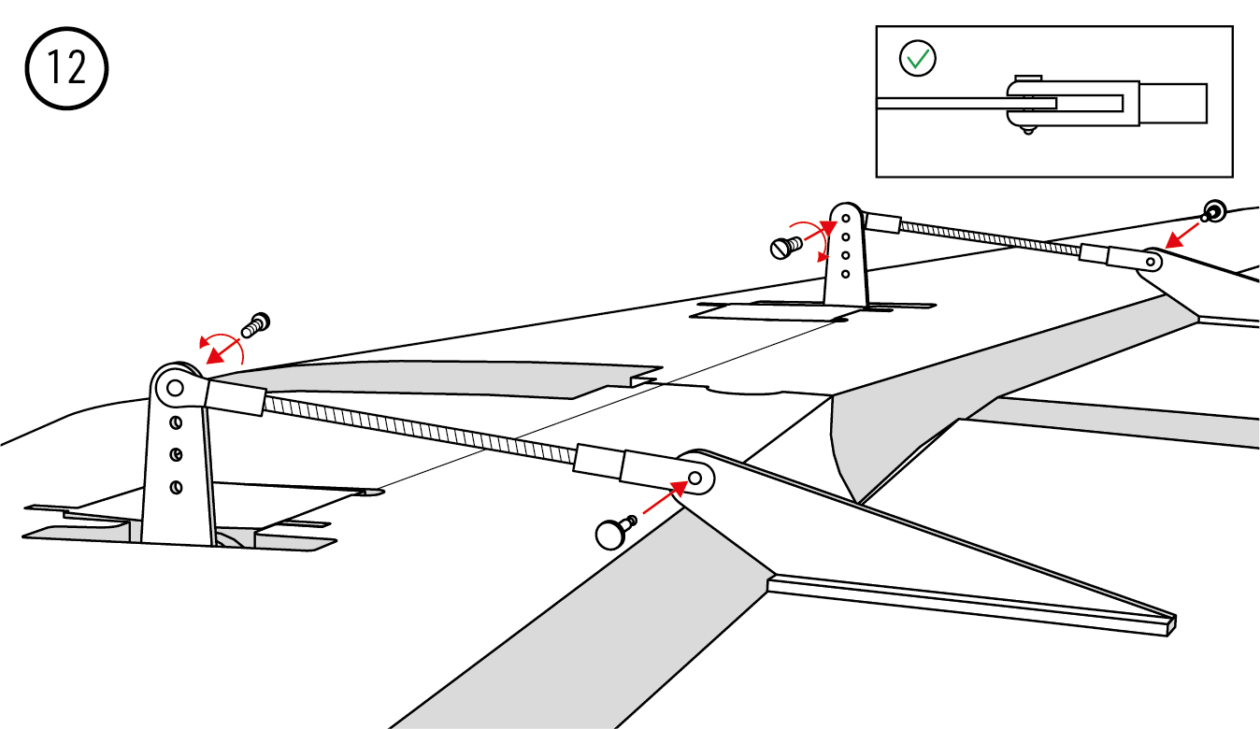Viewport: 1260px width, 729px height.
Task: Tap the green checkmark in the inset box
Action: [917, 59]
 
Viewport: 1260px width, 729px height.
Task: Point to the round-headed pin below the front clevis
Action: [612, 534]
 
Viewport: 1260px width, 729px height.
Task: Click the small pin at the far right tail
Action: [1214, 210]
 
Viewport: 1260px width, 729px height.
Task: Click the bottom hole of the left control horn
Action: [176, 487]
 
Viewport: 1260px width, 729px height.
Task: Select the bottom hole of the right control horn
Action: [845, 274]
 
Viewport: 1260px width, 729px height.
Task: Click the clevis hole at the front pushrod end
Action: [694, 479]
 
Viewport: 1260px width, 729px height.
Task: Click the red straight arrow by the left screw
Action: [222, 350]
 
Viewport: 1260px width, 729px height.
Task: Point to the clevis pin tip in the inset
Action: [1027, 130]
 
